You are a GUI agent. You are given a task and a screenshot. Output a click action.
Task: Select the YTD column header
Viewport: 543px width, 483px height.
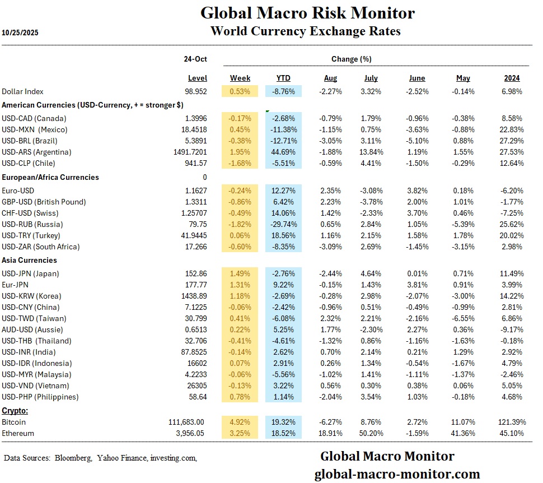[x=283, y=78]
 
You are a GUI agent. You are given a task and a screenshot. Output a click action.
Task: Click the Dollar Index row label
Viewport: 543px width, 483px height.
[x=22, y=91]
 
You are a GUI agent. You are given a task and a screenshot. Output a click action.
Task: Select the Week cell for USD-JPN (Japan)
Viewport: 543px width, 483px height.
[x=240, y=273]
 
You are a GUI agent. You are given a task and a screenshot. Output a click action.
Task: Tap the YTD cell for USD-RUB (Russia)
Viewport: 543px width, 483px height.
[x=283, y=224]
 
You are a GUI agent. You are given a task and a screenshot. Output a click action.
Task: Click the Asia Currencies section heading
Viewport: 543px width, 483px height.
[x=29, y=260]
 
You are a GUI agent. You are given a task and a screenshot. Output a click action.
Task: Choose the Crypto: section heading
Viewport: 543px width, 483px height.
[x=16, y=411]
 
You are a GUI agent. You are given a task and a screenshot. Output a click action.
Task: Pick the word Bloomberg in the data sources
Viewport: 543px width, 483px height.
[x=73, y=458]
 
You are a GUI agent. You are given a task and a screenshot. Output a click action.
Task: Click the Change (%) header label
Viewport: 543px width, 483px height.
[x=351, y=59]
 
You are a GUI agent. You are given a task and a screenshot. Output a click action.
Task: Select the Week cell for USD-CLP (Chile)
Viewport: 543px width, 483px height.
[x=240, y=163]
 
